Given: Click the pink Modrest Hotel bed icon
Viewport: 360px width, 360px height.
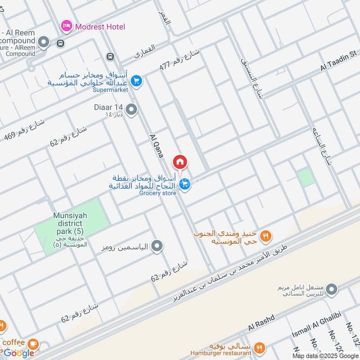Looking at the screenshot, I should point(66,26).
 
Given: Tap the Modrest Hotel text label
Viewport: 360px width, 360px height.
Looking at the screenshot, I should point(100,27).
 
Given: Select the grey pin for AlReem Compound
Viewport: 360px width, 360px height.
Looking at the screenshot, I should point(44,43).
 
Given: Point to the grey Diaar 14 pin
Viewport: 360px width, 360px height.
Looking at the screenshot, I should point(131,110).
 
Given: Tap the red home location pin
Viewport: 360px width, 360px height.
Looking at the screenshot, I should point(180,162).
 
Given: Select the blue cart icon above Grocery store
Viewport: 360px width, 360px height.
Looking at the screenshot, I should point(184,184).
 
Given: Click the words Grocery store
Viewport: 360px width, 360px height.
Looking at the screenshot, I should point(157,193).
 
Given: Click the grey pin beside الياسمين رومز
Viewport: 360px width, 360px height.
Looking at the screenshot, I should point(157,246).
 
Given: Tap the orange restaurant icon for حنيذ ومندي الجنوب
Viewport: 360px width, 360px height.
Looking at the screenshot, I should point(266,235).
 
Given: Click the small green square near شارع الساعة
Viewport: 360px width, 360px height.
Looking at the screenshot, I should point(306,177).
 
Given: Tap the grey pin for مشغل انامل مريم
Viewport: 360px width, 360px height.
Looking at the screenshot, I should point(332,289).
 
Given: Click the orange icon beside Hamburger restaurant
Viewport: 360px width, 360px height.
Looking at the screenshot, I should point(258,347).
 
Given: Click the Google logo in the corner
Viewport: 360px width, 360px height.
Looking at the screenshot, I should point(19,353).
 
